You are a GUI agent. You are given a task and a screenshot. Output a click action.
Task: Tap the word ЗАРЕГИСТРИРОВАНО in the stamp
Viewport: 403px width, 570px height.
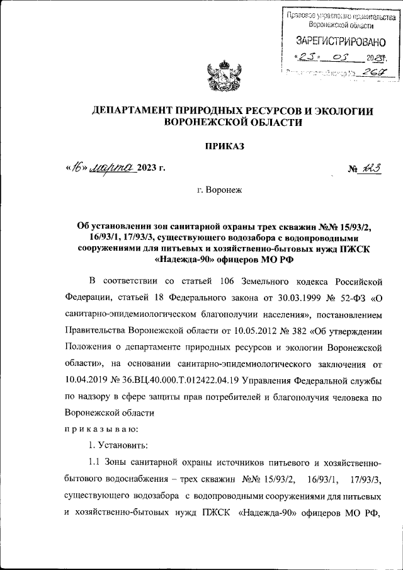pyautogui.click(x=340, y=42)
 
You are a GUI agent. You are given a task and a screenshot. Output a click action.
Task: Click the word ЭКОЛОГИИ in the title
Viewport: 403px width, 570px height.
pyautogui.click(x=341, y=111)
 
